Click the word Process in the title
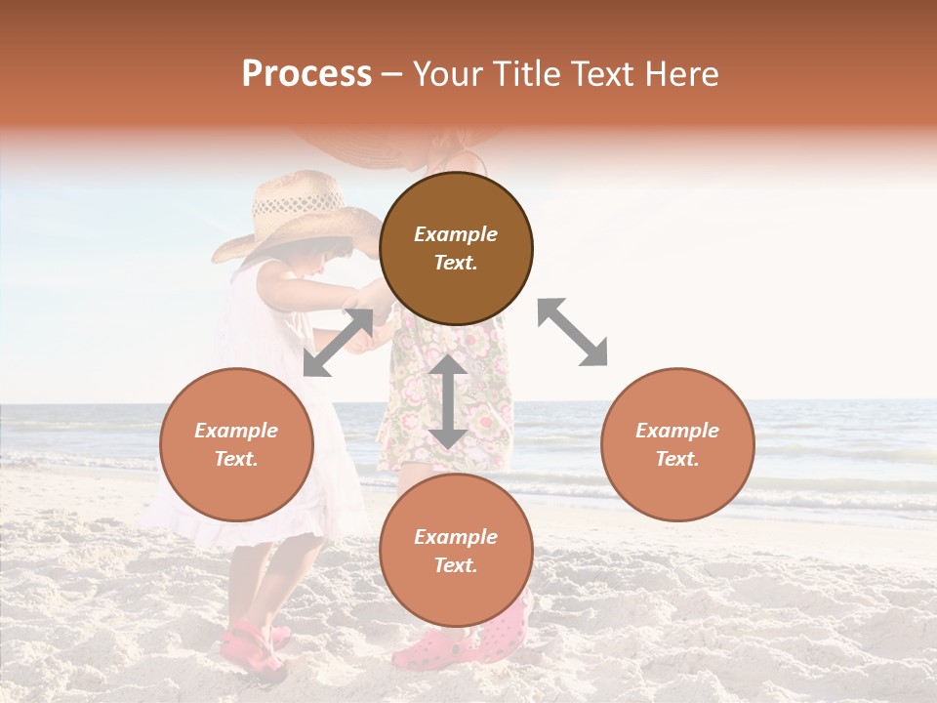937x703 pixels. coord(306,74)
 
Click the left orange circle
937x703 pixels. coord(236,444)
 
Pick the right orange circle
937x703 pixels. coord(677,444)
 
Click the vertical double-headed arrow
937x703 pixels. coord(448,401)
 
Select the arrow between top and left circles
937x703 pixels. coord(338,343)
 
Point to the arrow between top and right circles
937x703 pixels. coord(573,332)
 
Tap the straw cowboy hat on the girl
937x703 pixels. coord(293,213)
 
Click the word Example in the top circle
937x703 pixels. coord(456,234)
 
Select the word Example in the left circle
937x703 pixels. coord(236,431)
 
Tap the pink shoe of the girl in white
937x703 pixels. coord(249,646)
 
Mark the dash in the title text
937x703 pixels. coord(392,75)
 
